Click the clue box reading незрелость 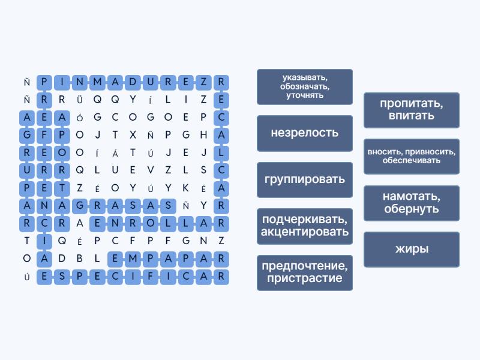click(305, 133)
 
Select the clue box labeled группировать click(305, 179)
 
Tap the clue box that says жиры click(412, 249)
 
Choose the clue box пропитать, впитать click(412, 110)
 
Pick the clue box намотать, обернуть click(412, 203)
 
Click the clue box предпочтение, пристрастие click(305, 272)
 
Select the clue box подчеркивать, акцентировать click(305, 226)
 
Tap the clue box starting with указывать click(305, 87)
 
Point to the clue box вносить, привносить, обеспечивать click(412, 157)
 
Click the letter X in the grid click(133, 134)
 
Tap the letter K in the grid click(185, 188)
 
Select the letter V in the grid click(151, 170)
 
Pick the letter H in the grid click(203, 134)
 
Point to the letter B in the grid click(80, 259)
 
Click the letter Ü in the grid click(80, 100)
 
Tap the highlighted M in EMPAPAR click(133, 259)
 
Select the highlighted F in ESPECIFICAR click(151, 276)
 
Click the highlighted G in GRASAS click(80, 205)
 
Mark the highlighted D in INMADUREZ click(133, 82)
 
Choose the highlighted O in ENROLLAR click(151, 223)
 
